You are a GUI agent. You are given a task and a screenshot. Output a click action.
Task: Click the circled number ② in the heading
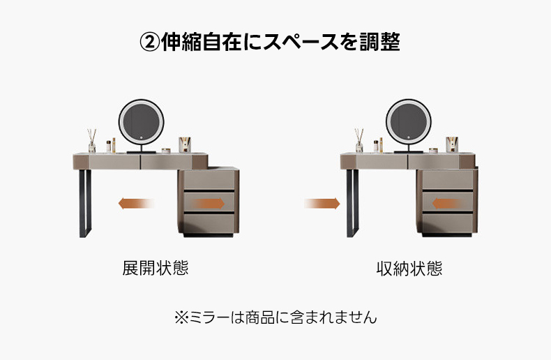[150, 43]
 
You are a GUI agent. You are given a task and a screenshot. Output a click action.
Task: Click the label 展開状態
[156, 268]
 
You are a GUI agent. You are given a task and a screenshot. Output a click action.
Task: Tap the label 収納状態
[409, 269]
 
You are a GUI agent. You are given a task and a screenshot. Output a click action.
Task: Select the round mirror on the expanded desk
[142, 122]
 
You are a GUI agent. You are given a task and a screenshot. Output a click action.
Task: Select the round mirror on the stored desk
[408, 122]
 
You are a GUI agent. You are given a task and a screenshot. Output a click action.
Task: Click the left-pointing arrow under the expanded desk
[136, 203]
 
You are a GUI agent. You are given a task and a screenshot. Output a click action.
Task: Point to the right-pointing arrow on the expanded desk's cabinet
[209, 203]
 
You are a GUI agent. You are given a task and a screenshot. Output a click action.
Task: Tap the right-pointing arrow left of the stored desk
[322, 203]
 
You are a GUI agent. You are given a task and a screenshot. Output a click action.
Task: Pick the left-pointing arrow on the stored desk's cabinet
[446, 203]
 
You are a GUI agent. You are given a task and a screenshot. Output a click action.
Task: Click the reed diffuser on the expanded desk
[91, 141]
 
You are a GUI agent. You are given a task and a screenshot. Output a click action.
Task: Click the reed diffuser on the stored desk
[358, 141]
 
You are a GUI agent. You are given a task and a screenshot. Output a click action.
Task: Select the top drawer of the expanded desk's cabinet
[209, 179]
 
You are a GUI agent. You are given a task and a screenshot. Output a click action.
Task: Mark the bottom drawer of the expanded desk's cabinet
[209, 223]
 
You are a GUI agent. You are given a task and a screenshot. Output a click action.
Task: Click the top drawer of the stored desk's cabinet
[447, 179]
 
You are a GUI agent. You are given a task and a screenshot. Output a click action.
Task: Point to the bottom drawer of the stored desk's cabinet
[447, 223]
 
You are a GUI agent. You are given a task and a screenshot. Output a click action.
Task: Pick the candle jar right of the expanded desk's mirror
[185, 145]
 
